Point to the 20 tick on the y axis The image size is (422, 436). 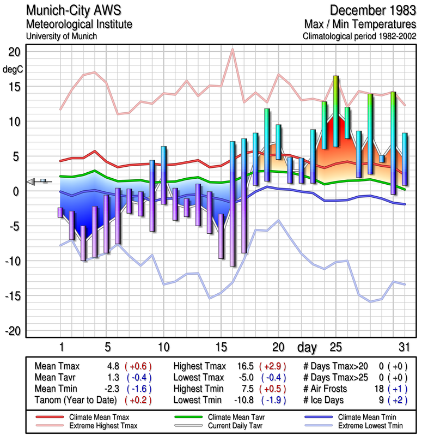[x=13, y=52]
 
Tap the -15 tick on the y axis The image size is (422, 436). [x=13, y=296]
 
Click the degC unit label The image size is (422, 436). [x=13, y=70]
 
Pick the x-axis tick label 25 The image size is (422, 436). [x=335, y=347]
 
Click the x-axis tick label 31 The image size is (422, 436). [x=403, y=347]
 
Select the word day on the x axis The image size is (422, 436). [x=308, y=347]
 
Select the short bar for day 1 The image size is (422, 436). [x=60, y=213]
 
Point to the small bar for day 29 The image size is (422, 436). [x=382, y=159]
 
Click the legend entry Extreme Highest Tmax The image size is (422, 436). [x=99, y=425]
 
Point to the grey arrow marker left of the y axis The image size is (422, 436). [x=33, y=182]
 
